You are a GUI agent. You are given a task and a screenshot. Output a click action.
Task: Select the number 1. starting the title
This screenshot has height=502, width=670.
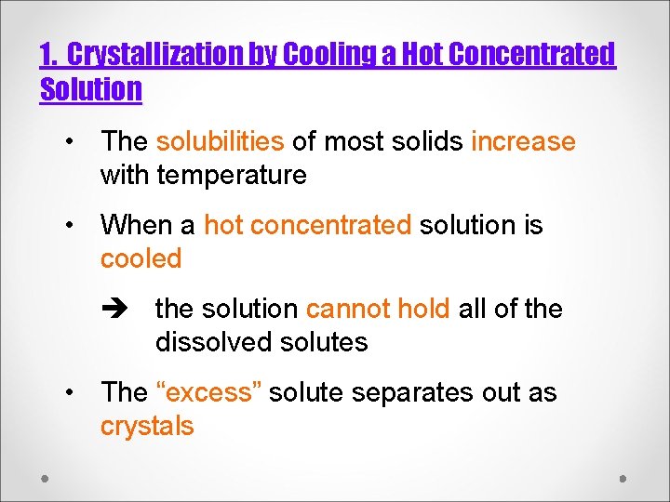click(49, 55)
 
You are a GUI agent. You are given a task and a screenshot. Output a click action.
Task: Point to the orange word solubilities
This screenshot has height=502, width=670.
click(220, 141)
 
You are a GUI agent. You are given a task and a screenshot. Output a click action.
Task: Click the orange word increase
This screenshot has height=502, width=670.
click(523, 141)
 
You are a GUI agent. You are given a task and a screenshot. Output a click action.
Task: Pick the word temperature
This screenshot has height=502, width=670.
click(232, 175)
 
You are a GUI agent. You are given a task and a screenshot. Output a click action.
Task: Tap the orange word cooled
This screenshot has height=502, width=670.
click(141, 258)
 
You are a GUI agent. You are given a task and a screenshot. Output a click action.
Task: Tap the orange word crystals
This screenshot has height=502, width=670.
click(147, 426)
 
